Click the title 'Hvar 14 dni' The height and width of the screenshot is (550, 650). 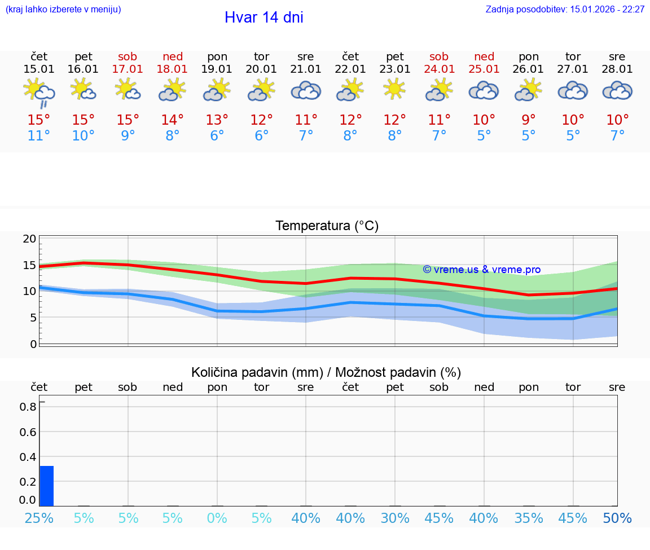(x=263, y=17)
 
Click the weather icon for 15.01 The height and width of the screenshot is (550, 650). (x=39, y=91)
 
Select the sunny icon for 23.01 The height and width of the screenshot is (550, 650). (x=394, y=89)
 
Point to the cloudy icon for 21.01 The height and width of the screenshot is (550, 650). (x=306, y=90)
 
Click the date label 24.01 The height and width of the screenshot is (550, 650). (x=439, y=69)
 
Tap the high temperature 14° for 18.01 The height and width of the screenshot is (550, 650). (x=172, y=120)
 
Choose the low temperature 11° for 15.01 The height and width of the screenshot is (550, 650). (x=39, y=135)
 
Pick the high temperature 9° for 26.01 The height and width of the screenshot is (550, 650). (x=528, y=120)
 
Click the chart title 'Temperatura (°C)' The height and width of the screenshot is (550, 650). (x=327, y=226)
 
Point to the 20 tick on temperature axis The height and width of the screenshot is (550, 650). (x=29, y=239)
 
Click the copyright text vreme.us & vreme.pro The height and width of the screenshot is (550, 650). (x=481, y=270)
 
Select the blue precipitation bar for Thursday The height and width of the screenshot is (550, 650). (x=47, y=486)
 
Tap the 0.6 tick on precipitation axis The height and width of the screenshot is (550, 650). (x=29, y=432)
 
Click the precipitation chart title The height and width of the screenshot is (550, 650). (x=326, y=372)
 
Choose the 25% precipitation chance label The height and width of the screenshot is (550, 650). (x=39, y=518)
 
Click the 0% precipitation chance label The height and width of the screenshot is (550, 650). (x=217, y=518)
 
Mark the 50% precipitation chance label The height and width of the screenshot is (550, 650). (x=617, y=518)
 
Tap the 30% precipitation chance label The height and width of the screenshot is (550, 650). (x=394, y=518)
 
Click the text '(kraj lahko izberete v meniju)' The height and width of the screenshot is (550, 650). (x=63, y=9)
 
